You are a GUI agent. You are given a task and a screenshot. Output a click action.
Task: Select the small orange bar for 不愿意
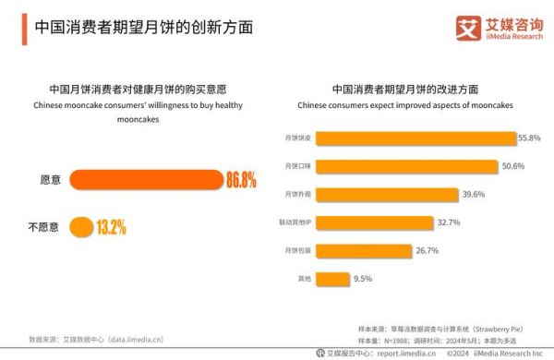click(81, 226)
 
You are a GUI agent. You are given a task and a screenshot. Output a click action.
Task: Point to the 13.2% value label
click(111, 226)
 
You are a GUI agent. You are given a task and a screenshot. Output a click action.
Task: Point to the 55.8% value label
click(529, 138)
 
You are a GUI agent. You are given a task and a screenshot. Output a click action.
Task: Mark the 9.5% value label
click(363, 278)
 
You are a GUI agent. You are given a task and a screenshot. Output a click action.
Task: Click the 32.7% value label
click(448, 222)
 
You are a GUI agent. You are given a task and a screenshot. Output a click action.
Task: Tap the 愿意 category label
click(50, 180)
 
